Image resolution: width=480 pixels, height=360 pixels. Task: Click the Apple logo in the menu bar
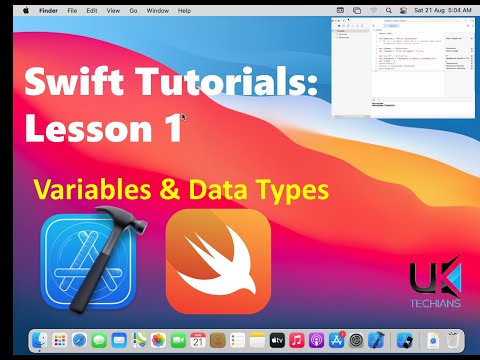25,10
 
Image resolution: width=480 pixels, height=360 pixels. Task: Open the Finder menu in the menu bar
46,10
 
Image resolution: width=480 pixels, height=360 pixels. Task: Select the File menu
71,10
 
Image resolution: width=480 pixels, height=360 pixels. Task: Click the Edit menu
91,10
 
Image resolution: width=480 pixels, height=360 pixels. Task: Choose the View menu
112,10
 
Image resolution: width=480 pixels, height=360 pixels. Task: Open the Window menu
157,10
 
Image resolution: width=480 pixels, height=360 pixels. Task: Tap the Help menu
183,10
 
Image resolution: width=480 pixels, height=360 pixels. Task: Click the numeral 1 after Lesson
172,128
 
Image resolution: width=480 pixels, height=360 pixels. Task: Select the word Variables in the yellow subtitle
88,187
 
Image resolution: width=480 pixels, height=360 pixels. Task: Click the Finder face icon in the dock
41,341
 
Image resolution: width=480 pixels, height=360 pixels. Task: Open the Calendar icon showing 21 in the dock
197,341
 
